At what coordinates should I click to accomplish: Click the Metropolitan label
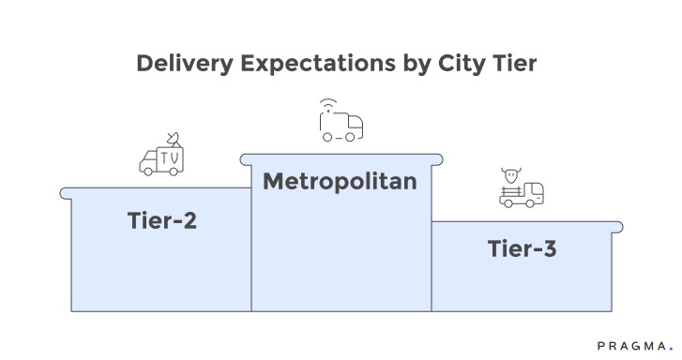click(x=340, y=181)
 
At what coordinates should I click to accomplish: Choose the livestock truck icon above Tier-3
click(x=523, y=189)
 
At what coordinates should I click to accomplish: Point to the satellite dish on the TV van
click(x=172, y=139)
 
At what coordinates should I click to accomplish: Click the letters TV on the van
click(x=170, y=158)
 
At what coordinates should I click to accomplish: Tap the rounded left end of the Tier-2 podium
click(x=65, y=193)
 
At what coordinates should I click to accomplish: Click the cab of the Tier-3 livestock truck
click(x=534, y=193)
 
